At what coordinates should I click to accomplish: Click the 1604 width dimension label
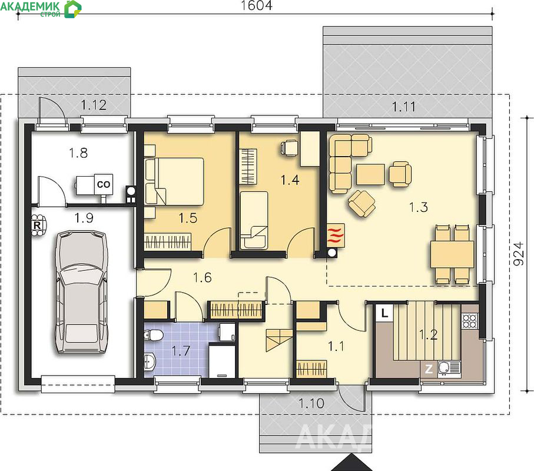click(257, 6)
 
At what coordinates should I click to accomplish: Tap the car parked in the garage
click(81, 292)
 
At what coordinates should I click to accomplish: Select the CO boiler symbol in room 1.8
click(104, 184)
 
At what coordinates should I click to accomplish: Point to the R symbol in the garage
click(37, 225)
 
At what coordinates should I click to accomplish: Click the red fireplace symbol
click(336, 235)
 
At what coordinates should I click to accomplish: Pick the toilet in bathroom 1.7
click(154, 335)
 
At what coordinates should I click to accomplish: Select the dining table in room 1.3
click(452, 254)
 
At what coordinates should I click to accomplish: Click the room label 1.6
click(203, 277)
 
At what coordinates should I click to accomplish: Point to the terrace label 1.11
click(404, 107)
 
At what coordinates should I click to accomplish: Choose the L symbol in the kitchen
click(384, 313)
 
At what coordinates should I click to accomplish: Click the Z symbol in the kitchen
click(429, 369)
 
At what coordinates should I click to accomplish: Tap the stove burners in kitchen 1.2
click(470, 321)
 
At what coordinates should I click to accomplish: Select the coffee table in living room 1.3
click(370, 174)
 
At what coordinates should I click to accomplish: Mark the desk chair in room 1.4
click(289, 148)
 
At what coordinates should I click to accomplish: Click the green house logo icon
click(73, 9)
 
